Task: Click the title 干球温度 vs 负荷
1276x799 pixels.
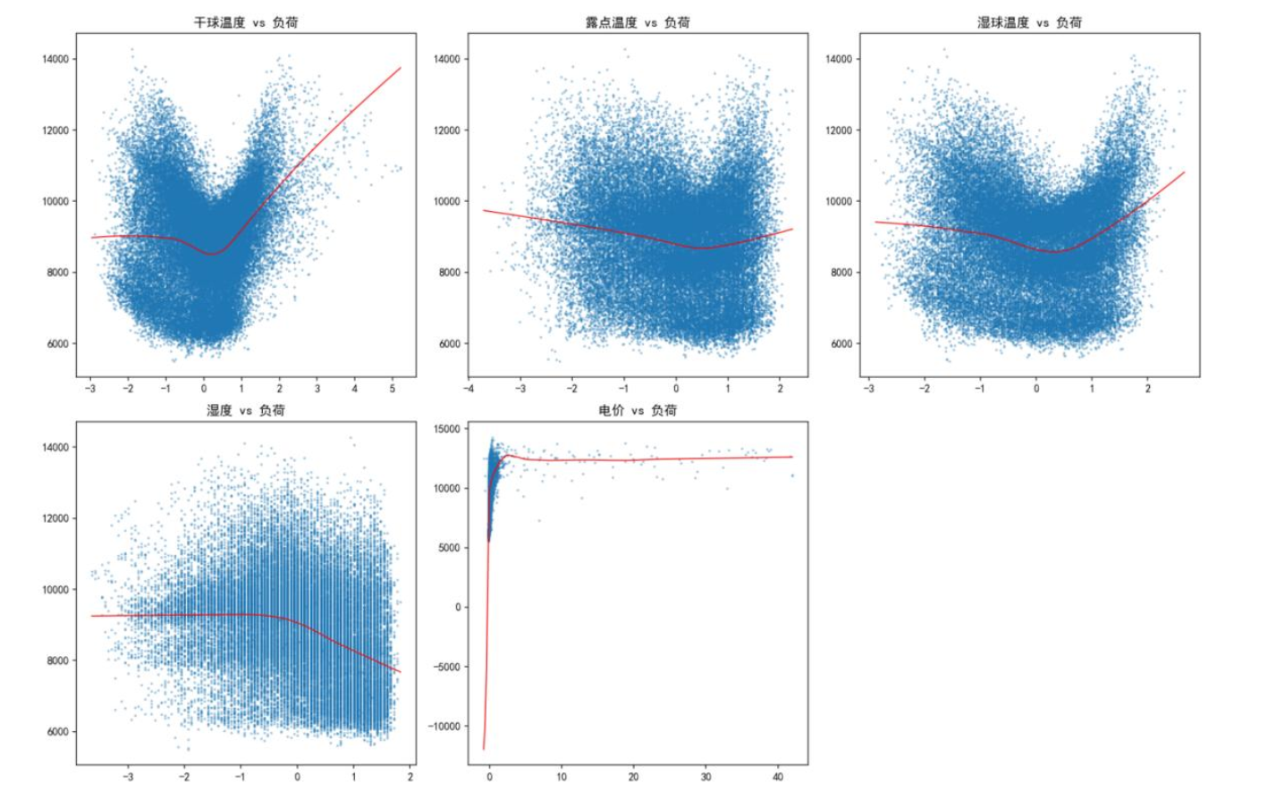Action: pos(246,22)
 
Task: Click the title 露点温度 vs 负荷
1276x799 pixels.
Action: pos(638,22)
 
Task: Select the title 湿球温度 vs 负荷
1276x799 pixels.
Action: pos(1029,22)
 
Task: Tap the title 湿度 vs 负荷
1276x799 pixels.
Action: pos(246,410)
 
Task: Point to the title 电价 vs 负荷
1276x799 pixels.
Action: pos(638,410)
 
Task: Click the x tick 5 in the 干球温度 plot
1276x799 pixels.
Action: pos(393,389)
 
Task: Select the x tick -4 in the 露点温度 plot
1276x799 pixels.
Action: pos(469,389)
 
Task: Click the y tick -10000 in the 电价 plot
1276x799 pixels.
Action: pos(444,727)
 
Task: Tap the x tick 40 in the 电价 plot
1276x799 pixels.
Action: pos(778,777)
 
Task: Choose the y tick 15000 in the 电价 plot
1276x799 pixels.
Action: pos(446,429)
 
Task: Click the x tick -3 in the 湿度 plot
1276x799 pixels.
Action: pos(128,777)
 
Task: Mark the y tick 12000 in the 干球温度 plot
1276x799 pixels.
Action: pos(55,130)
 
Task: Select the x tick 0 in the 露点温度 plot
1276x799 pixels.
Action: pos(676,389)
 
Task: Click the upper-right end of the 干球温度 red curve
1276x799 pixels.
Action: pos(401,68)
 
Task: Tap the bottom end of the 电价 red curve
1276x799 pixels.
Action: pos(484,749)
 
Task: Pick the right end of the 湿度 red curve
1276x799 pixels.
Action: pos(401,672)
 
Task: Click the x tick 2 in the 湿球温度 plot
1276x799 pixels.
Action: pos(1148,389)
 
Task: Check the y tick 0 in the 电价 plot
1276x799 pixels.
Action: pos(458,608)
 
